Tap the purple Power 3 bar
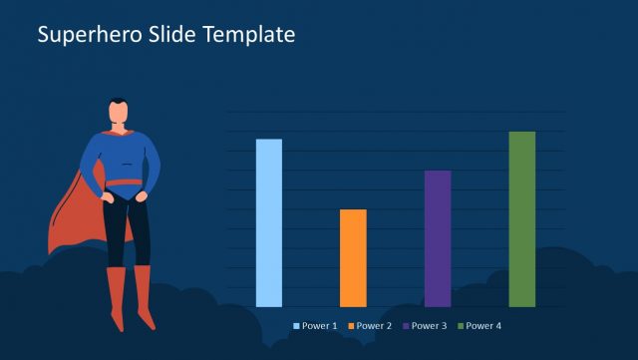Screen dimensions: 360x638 [438, 238]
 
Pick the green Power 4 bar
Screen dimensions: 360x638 [521, 218]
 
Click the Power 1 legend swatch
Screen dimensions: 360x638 [297, 326]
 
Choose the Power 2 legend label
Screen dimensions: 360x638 [375, 326]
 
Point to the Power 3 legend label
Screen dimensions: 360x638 [430, 326]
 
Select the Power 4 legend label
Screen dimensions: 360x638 [484, 326]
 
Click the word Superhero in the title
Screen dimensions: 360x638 [83, 34]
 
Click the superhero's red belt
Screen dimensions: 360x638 [125, 182]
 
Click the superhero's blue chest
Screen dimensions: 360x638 [124, 150]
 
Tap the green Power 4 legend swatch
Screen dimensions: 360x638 [461, 326]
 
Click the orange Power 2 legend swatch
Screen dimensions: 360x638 [351, 326]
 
